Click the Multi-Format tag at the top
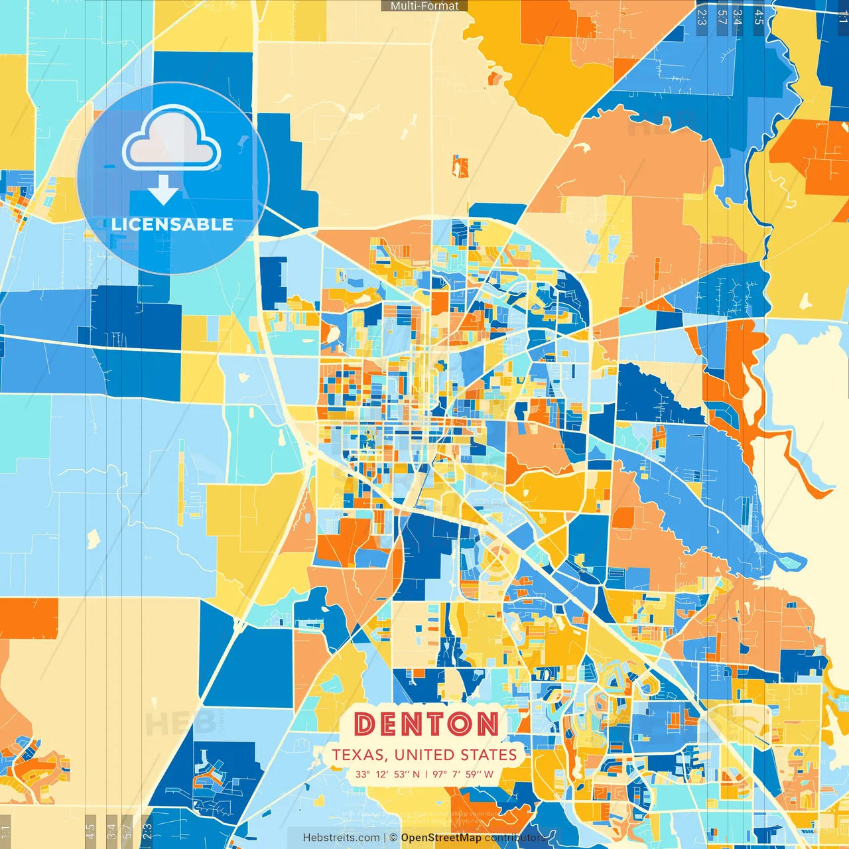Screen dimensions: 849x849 424,6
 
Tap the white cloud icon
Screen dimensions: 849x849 172,139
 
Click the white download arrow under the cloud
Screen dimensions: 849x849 163,190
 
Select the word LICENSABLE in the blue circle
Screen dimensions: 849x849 172,224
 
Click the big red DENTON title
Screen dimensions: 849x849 426,724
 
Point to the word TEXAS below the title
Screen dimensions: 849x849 359,755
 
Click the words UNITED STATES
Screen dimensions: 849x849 455,755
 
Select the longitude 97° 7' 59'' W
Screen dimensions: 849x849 463,774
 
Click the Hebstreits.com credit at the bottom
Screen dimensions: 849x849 341,838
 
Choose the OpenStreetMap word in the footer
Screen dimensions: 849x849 441,838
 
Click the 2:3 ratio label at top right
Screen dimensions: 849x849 702,16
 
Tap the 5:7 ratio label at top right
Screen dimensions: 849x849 722,16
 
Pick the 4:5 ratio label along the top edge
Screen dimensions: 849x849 759,16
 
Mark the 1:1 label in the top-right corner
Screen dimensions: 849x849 842,16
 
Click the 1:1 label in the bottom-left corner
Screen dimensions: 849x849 5,831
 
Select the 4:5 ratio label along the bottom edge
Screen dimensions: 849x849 90,830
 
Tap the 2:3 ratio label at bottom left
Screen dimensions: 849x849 147,830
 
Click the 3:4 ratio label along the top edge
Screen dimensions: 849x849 738,16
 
